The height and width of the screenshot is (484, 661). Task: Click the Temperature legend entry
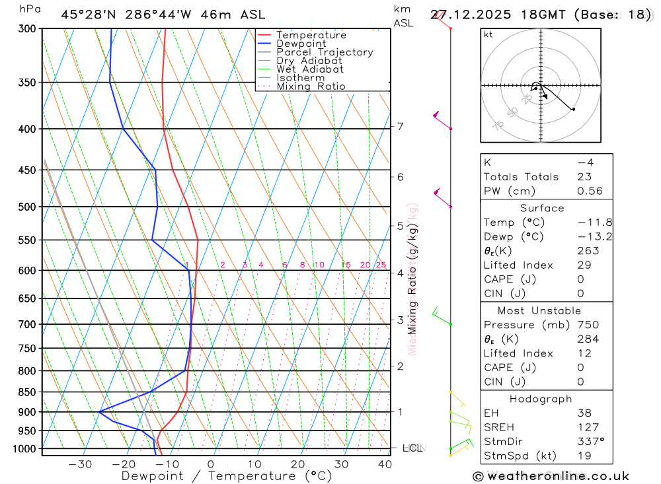311,35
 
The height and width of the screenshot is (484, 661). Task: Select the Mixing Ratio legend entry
311,86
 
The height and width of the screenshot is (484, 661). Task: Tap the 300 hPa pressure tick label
26,29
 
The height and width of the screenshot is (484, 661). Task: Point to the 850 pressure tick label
26,392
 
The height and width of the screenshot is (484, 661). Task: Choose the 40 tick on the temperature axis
384,464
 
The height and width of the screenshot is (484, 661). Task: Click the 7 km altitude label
401,126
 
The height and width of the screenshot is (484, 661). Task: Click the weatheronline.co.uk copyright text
551,476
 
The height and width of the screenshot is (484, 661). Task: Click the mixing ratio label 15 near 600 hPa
346,265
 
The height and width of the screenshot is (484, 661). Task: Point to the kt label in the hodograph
488,34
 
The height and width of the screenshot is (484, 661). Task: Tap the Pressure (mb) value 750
588,325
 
